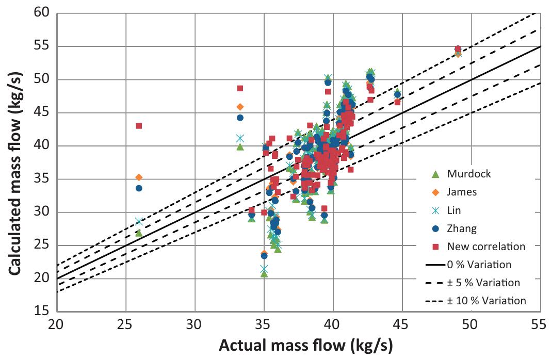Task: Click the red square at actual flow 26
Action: pyautogui.click(x=139, y=125)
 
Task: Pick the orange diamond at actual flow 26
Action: pyautogui.click(x=139, y=177)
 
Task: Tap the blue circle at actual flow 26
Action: pyautogui.click(x=139, y=188)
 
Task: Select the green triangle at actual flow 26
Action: pyautogui.click(x=139, y=233)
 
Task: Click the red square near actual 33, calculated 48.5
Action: pyautogui.click(x=240, y=88)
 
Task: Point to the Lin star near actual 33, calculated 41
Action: pyautogui.click(x=240, y=138)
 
